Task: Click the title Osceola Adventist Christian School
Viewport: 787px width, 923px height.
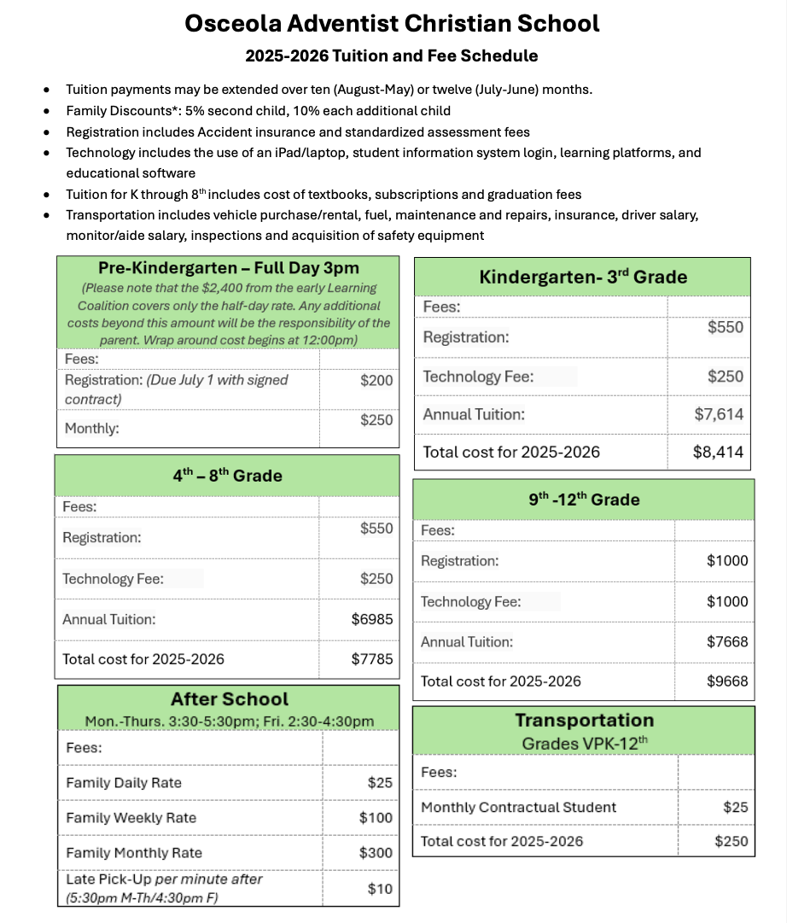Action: [393, 23]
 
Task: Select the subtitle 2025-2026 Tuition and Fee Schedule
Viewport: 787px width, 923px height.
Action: [392, 56]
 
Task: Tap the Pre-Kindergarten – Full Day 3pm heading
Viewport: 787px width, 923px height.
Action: [229, 267]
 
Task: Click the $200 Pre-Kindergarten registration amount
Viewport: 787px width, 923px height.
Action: [376, 380]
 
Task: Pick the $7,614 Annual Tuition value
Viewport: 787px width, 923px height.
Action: [719, 414]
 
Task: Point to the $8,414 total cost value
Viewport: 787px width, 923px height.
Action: [719, 452]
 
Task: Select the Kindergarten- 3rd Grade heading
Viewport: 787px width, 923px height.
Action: [582, 277]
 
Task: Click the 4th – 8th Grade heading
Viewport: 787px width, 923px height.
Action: [227, 476]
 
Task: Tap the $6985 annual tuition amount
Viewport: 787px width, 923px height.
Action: [372, 619]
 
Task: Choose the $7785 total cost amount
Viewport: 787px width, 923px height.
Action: [372, 659]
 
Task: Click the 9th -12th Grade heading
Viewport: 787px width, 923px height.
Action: [584, 499]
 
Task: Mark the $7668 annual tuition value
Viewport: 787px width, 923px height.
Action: [727, 641]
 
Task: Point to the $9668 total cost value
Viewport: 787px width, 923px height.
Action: [727, 681]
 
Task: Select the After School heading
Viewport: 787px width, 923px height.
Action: [229, 699]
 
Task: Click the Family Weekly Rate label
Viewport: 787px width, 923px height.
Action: [131, 817]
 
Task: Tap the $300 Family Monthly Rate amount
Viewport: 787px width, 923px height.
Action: [376, 852]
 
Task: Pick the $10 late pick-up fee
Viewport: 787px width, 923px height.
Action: [380, 889]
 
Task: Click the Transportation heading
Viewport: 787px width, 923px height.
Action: [584, 720]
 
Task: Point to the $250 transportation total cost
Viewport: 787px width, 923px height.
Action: [732, 841]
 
